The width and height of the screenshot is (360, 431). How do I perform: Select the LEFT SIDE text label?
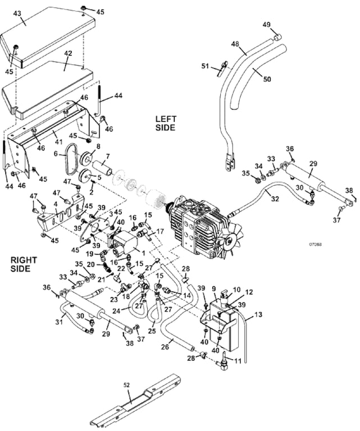(166, 123)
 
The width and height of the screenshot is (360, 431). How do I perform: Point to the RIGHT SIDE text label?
(23, 264)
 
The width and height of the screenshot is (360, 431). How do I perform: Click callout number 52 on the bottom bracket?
(126, 384)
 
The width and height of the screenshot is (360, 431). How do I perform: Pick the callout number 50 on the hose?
(267, 79)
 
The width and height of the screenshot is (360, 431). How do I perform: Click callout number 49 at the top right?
(267, 24)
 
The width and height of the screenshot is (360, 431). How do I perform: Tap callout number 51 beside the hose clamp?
(205, 66)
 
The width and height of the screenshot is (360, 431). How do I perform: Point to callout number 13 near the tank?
(258, 315)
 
